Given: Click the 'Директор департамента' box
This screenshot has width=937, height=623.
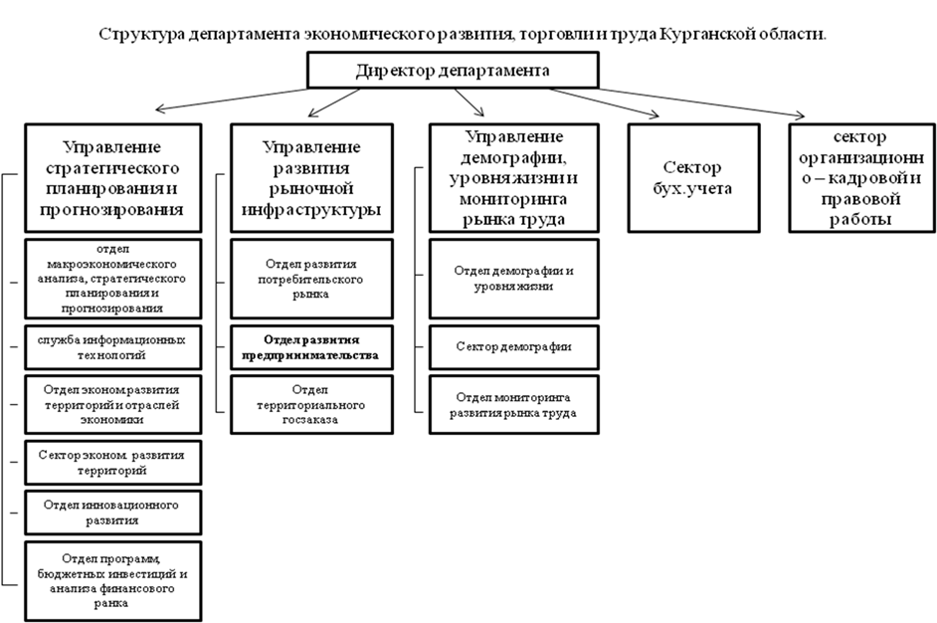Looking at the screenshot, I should pyautogui.click(x=453, y=71).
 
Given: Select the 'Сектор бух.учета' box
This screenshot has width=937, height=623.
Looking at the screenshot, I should pyautogui.click(x=692, y=177).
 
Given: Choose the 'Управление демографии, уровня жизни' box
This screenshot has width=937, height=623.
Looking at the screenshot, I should pyautogui.click(x=513, y=177).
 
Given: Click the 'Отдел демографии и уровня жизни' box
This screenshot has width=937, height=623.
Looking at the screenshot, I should pyautogui.click(x=513, y=279).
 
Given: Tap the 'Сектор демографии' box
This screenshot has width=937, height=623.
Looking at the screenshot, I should pyautogui.click(x=513, y=346).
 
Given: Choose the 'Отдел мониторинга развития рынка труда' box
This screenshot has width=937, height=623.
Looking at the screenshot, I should pyautogui.click(x=513, y=404).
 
